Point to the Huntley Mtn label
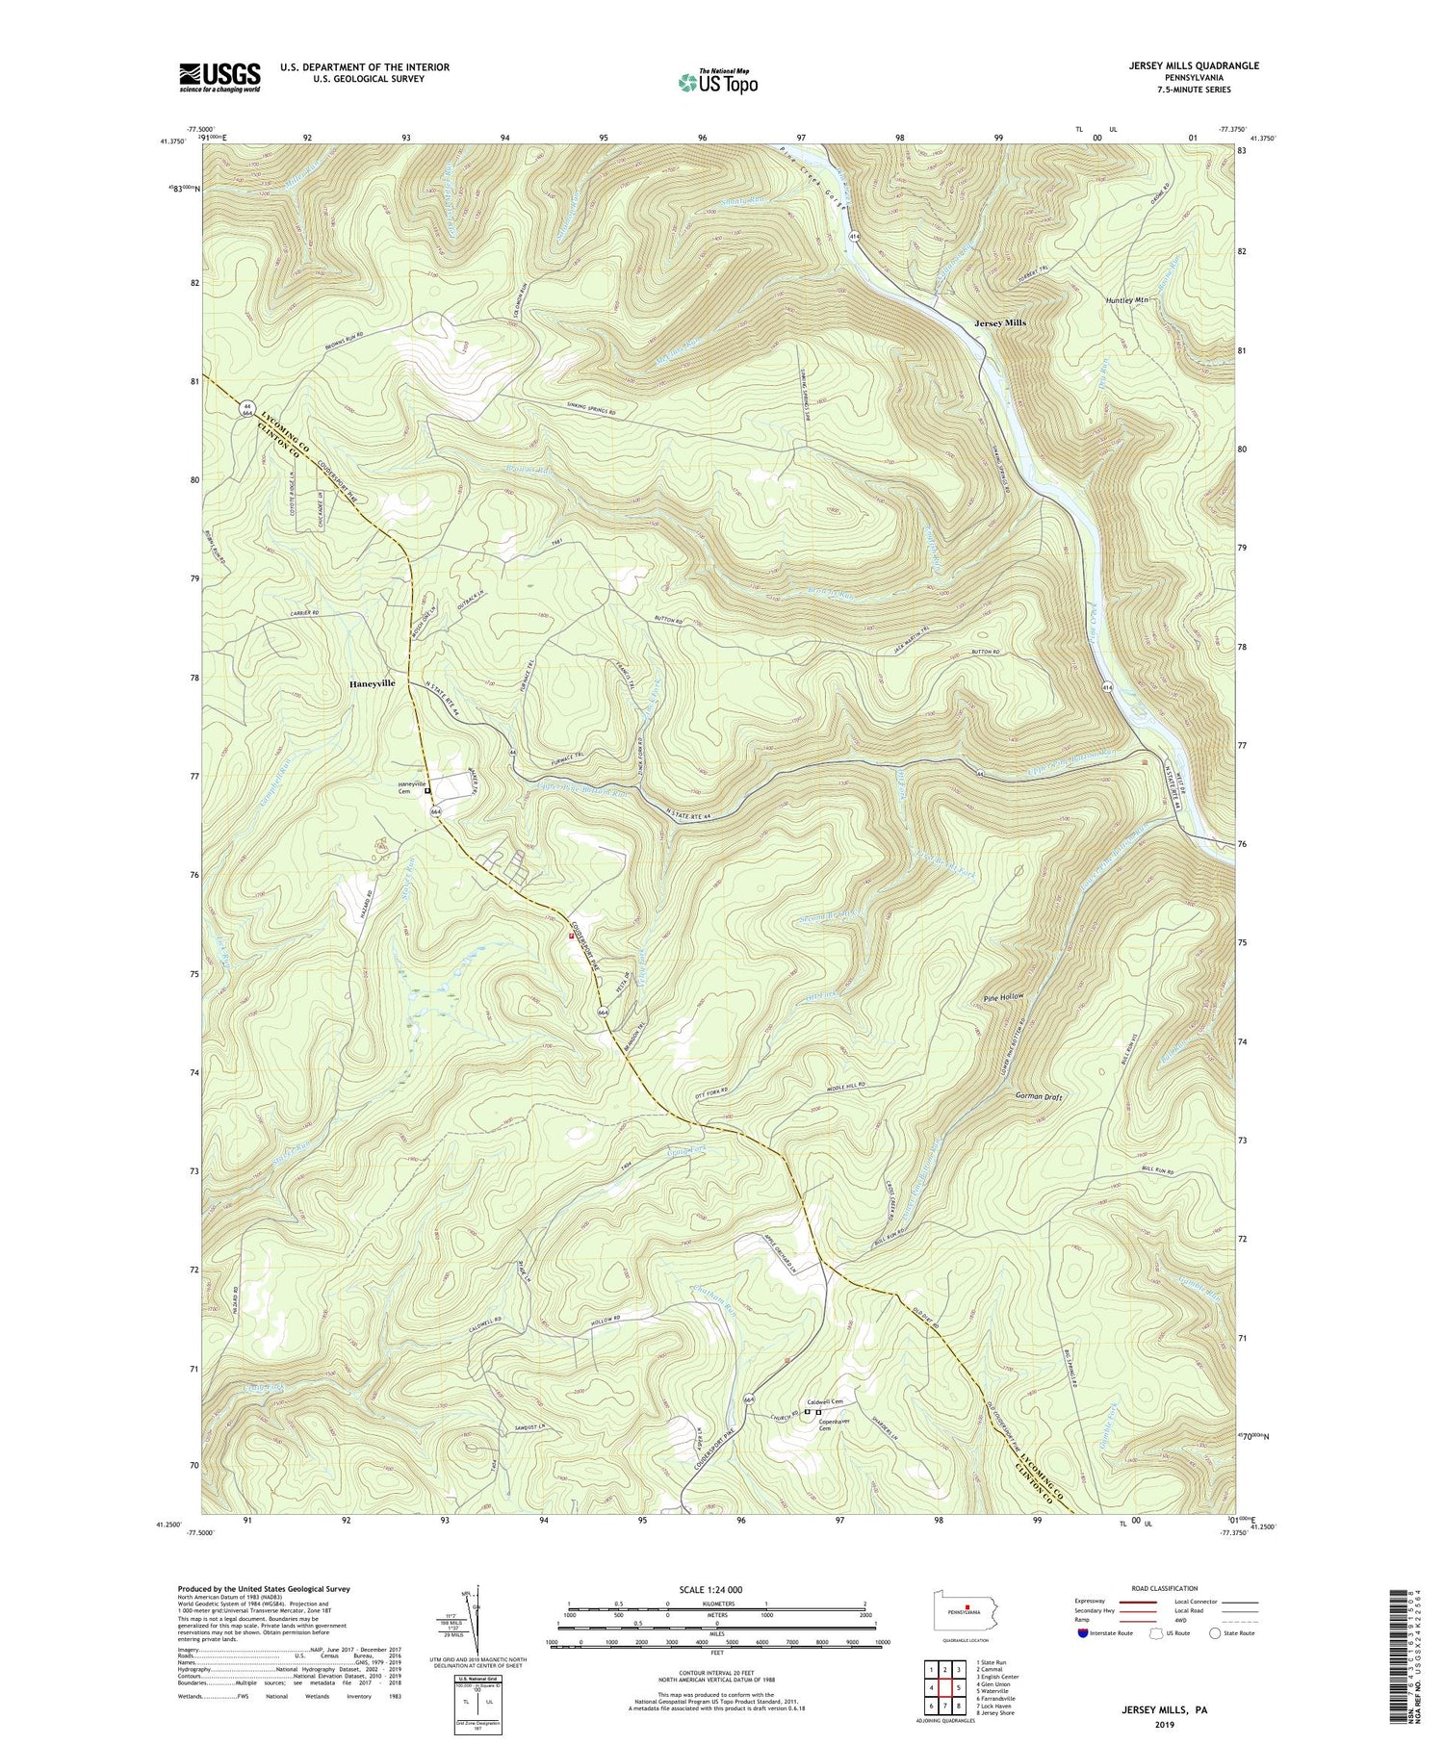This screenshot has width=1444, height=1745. click(x=1128, y=299)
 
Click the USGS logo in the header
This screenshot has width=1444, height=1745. click(x=219, y=77)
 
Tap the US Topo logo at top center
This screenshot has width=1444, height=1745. click(x=717, y=83)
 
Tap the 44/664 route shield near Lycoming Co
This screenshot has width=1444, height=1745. click(x=247, y=409)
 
